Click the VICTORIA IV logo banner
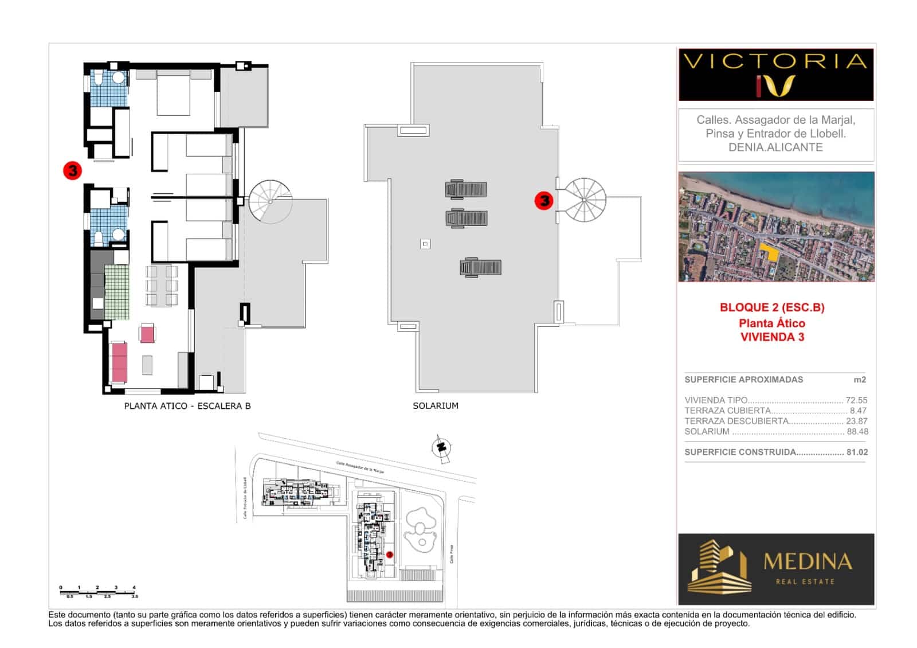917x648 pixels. coord(775,75)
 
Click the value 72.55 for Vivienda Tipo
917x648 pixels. coord(856,400)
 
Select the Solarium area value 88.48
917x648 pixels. coord(857,431)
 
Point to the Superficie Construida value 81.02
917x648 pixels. coord(857,452)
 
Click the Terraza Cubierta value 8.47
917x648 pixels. coord(859,411)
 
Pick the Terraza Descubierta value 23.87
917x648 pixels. coord(857,421)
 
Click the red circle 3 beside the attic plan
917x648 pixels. coord(72,170)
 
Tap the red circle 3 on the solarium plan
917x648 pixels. coord(543,200)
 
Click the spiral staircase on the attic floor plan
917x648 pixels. coord(270,201)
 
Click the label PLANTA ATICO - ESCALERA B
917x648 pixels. coord(187,406)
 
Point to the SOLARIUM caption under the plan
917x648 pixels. coord(435,406)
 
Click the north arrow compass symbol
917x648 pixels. coord(442,446)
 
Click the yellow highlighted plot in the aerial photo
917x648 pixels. coord(770,252)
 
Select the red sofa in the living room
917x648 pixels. coord(119,362)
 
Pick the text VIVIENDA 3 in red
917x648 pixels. coord(772,337)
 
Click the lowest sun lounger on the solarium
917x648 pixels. coord(481,267)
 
